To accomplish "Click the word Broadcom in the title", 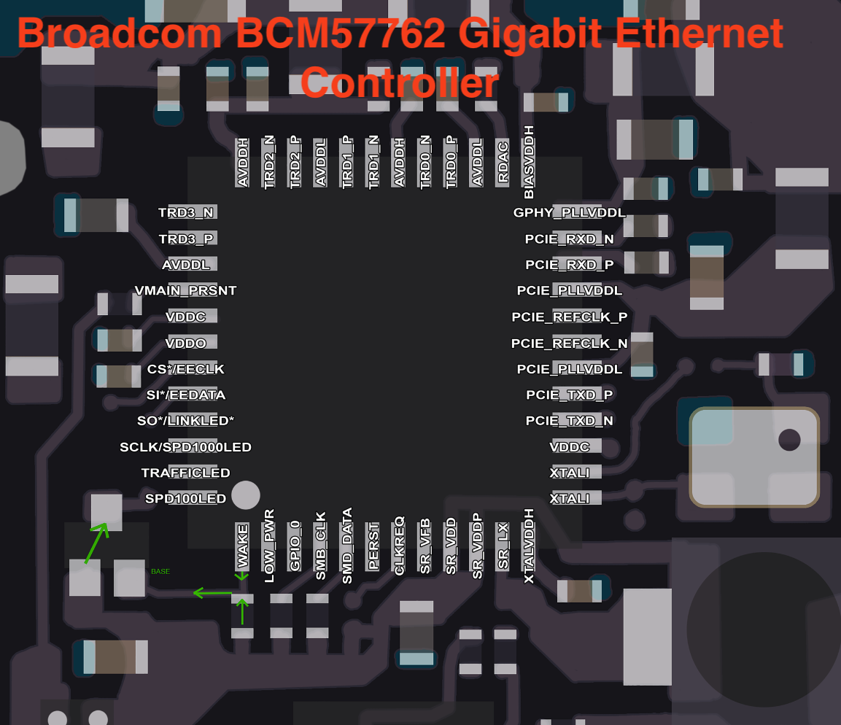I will tap(120, 34).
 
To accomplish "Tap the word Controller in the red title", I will tap(400, 82).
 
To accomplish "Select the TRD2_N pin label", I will tap(269, 162).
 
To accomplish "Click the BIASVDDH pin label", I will tap(529, 162).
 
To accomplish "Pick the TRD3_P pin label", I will tap(186, 239).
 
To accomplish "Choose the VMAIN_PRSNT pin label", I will tap(185, 290).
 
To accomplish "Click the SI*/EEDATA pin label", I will tap(185, 395).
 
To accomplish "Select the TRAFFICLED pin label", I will tap(185, 473).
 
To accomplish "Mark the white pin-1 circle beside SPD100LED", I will tap(246, 495).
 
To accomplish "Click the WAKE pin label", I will tap(242, 546).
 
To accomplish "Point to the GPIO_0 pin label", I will tap(295, 546).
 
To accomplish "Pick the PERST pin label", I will tap(373, 546).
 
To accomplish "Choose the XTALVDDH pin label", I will tap(529, 546).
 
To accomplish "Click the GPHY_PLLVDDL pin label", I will tap(569, 213).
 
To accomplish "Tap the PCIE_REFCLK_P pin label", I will tap(569, 317).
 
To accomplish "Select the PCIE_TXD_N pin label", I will tap(569, 421).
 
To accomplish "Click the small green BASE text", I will tap(160, 571).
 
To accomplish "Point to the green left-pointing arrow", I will tap(212, 594).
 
